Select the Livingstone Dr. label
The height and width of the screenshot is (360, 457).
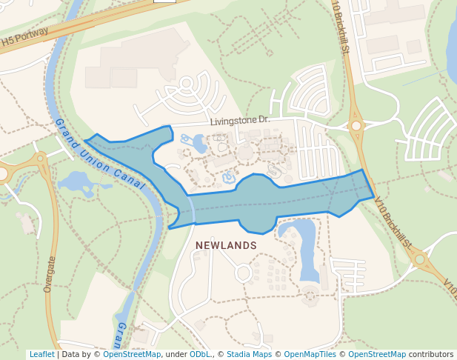coord(239,120)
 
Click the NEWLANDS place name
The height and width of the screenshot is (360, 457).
coord(226,245)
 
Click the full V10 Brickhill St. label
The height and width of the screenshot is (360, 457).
coord(393,221)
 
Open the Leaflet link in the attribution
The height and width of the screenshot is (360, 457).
coord(41,355)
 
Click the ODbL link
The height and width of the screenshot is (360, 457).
coord(200,355)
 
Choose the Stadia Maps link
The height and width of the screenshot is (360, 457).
coord(249,355)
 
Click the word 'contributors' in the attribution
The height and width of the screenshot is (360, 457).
coord(430,355)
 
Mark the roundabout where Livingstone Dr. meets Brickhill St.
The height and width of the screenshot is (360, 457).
coord(356,126)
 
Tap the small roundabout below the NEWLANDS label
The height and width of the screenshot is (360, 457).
coord(243,273)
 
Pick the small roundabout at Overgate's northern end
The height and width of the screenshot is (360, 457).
coord(39,158)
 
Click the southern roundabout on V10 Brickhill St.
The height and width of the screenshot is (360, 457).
coord(420,259)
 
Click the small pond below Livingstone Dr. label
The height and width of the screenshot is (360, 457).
coord(198,141)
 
